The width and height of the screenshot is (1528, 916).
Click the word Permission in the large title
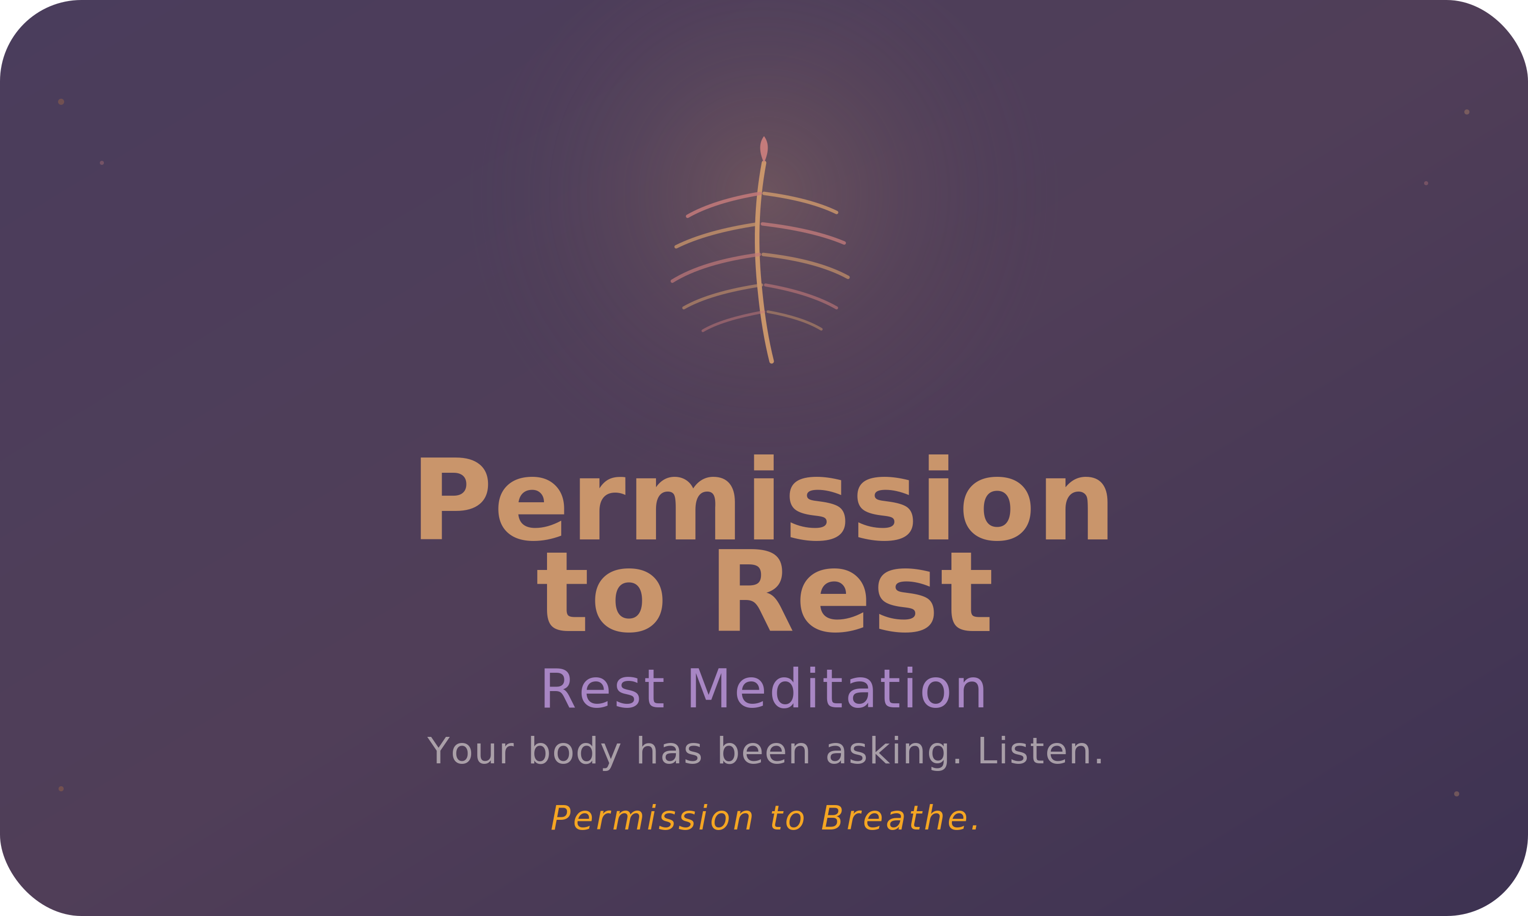[x=763, y=500]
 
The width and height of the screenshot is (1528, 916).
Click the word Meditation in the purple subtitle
[x=836, y=690]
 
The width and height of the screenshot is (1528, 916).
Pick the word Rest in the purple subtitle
[x=602, y=690]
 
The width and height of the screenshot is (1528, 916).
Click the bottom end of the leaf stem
[x=772, y=360]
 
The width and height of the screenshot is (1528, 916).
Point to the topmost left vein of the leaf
[x=723, y=203]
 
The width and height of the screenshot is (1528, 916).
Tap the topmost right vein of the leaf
[x=802, y=201]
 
